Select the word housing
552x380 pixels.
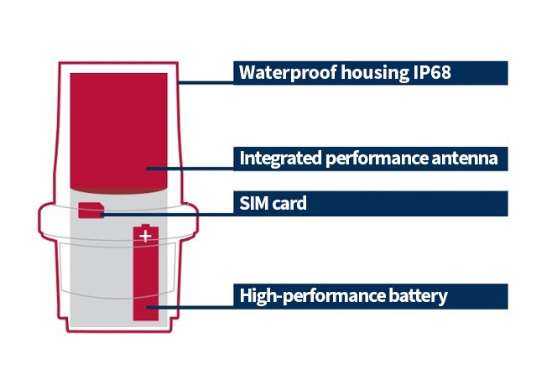coord(375,72)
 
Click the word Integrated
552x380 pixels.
coord(280,159)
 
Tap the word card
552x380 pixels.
coord(289,203)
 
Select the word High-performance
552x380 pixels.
coord(312,295)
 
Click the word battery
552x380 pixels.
coord(418,296)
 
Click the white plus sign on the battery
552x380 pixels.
coord(145,236)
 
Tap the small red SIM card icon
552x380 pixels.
coord(91,211)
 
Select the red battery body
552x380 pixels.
coord(146,273)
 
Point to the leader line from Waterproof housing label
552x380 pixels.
coord(206,83)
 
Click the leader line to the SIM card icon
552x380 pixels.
coord(167,214)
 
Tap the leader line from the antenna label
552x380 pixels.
coord(190,169)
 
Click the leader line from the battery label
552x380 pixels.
coord(190,308)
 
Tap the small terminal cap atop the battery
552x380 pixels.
coord(145,225)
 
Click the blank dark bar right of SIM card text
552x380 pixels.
coord(408,204)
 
